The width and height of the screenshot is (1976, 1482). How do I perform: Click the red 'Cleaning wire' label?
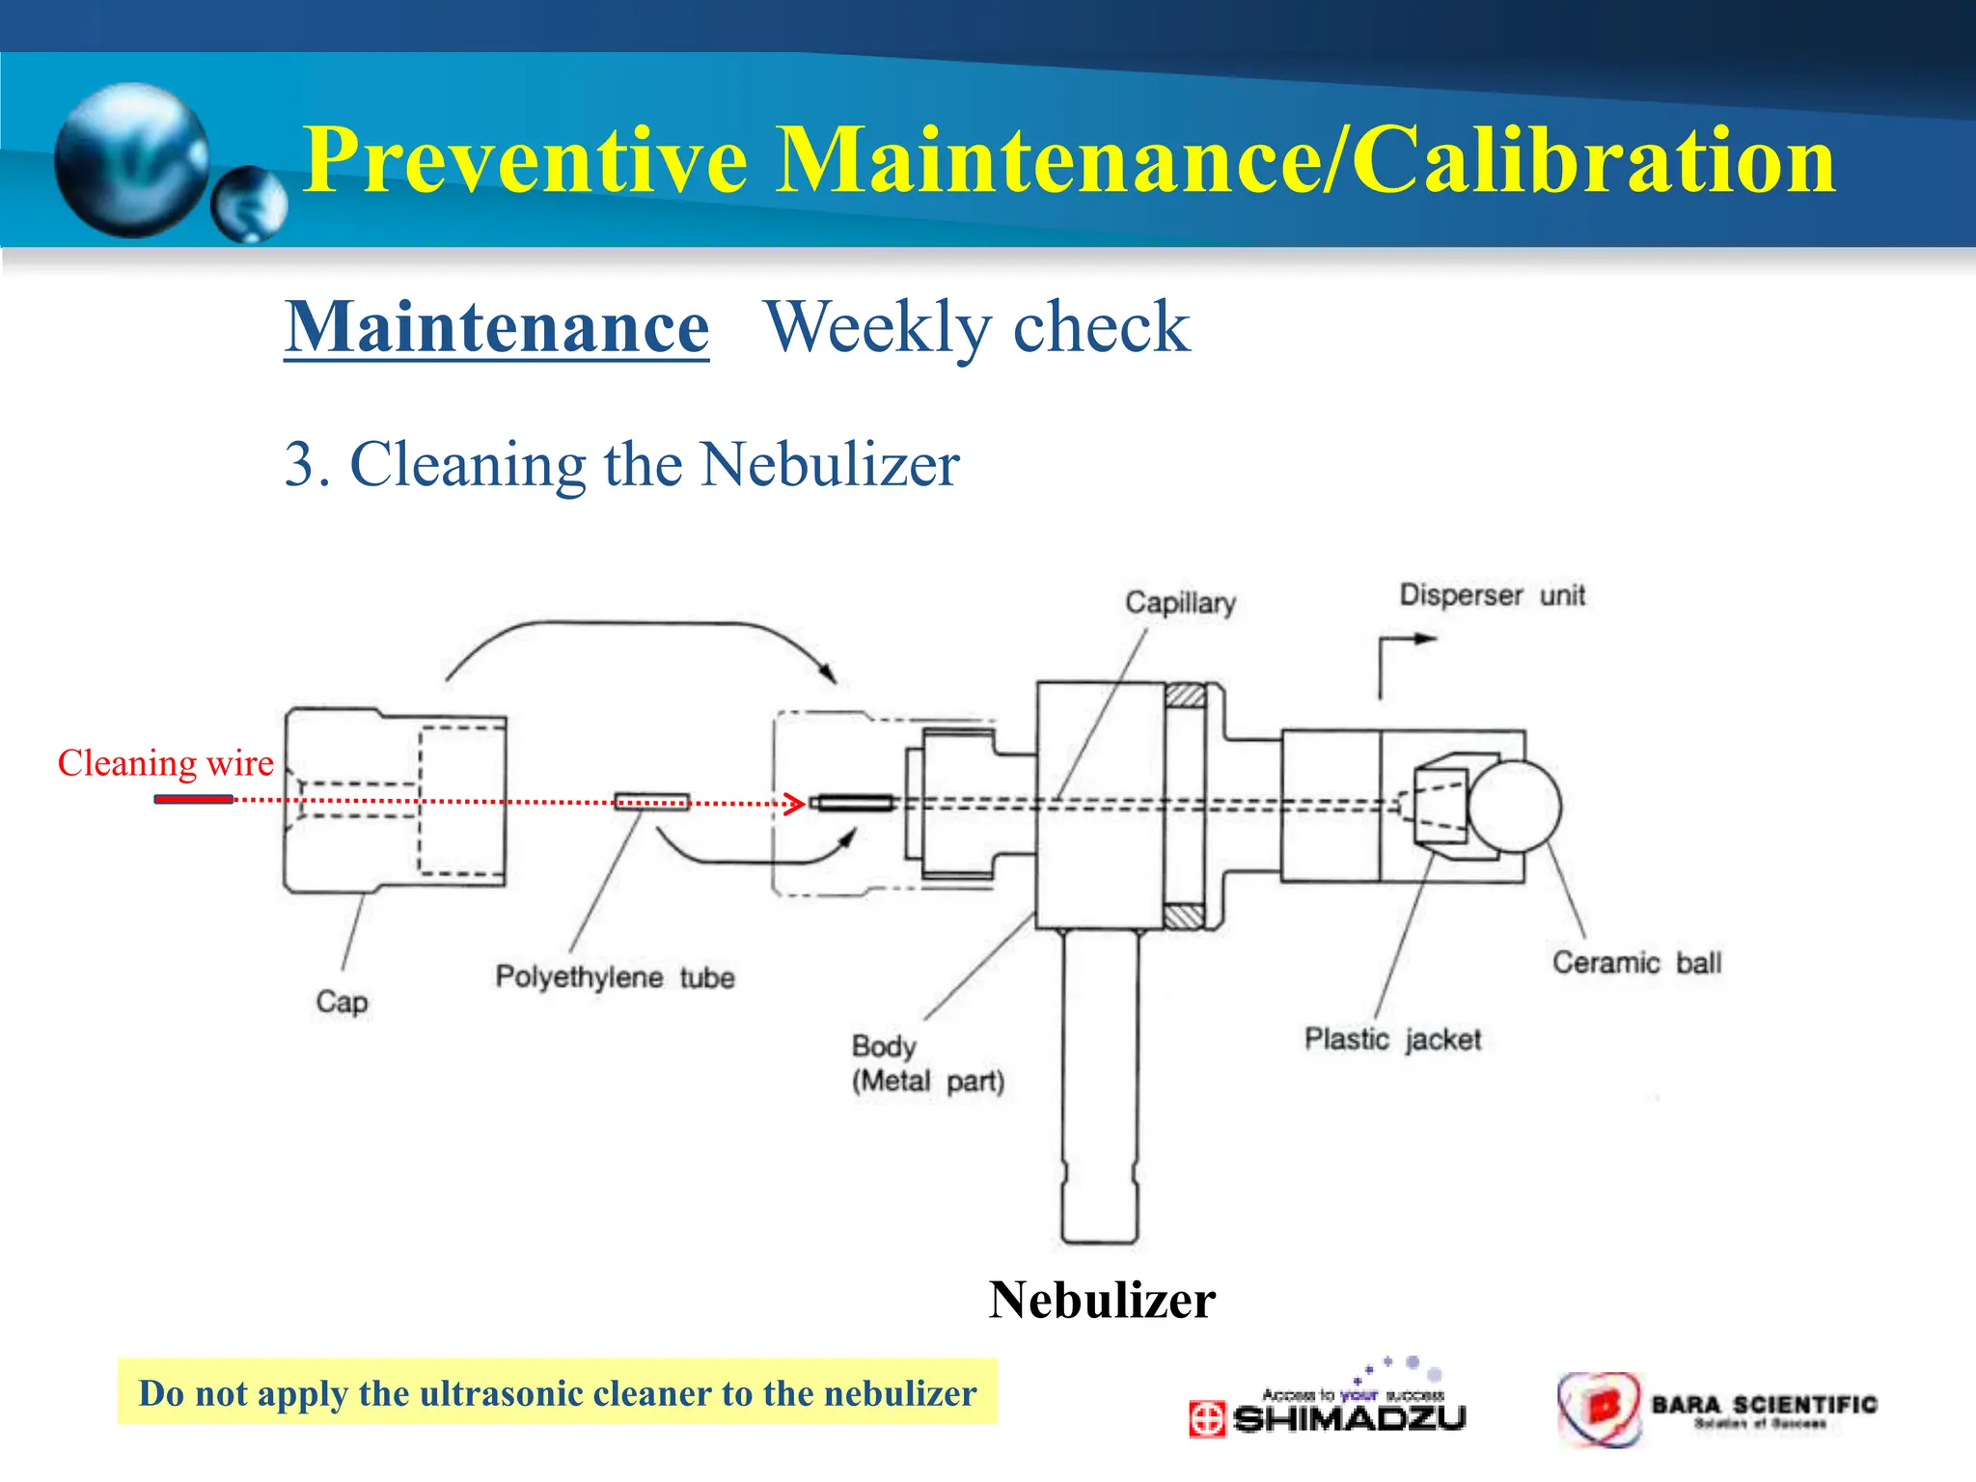pos(166,763)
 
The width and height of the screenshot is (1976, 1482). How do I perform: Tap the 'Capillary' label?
pos(1180,603)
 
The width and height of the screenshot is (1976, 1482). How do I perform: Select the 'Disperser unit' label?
pos(1492,595)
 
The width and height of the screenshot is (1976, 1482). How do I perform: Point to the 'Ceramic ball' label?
pos(1636,963)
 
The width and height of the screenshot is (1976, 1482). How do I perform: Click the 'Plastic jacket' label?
pos(1392,1039)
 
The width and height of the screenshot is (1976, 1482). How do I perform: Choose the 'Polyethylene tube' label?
pos(615,977)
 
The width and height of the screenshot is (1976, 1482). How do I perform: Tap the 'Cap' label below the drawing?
pos(342,1002)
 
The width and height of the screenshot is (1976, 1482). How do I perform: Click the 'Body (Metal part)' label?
pos(927,1063)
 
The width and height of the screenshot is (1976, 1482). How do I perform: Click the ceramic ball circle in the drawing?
pos(1514,807)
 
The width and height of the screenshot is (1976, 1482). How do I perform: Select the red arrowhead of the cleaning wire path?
pos(796,803)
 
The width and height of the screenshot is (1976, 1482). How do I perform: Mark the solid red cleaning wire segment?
pos(193,799)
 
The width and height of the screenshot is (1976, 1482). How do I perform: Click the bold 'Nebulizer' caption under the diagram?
pos(1102,1300)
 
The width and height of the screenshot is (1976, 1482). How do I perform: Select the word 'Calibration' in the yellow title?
pos(1593,160)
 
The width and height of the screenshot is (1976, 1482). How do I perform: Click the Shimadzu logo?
pos(1328,1410)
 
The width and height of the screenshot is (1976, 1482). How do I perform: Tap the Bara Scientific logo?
pos(1717,1410)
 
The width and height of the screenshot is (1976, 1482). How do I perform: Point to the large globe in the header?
pos(131,160)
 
